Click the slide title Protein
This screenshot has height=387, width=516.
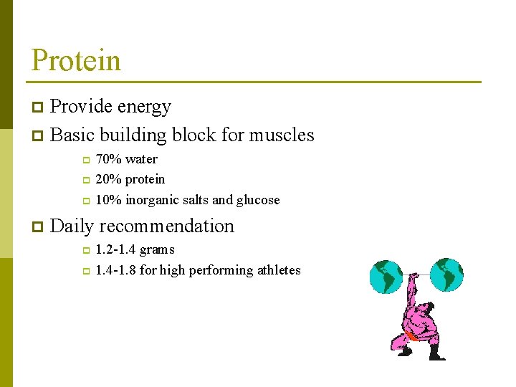point(76,60)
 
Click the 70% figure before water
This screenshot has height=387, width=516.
point(107,159)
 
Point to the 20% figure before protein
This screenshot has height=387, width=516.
point(107,179)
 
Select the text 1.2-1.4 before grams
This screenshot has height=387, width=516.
point(115,250)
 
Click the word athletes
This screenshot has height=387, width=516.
point(278,270)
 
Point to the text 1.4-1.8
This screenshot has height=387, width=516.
point(115,270)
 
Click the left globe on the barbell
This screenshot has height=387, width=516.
point(386,277)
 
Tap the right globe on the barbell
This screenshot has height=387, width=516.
point(446,274)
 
